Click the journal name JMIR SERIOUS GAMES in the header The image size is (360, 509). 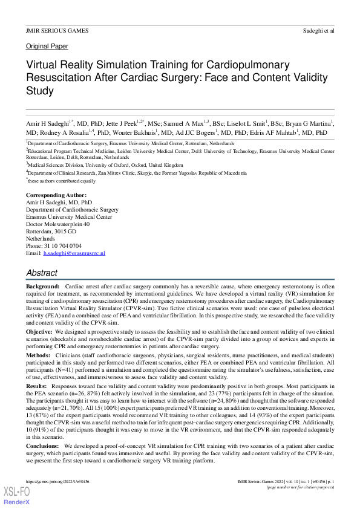point(57,30)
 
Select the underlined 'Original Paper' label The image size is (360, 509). point(47,47)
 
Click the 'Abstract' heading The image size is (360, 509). point(42,273)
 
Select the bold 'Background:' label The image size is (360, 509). point(43,285)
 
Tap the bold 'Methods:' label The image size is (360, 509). point(40,355)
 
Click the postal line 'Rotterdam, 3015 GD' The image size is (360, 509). point(51,232)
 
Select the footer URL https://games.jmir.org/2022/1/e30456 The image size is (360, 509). point(50,481)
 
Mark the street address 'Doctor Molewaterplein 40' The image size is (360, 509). point(58,224)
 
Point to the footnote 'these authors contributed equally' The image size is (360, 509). point(62,181)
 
